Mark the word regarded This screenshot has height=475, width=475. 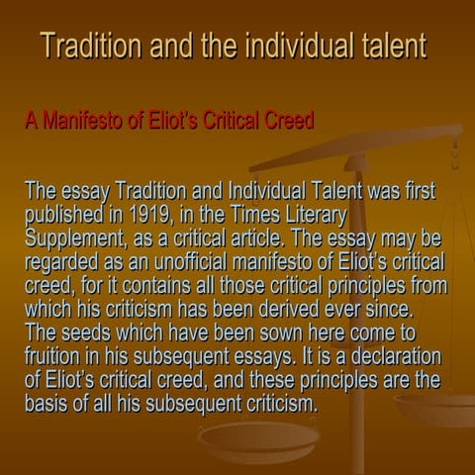(x=63, y=262)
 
